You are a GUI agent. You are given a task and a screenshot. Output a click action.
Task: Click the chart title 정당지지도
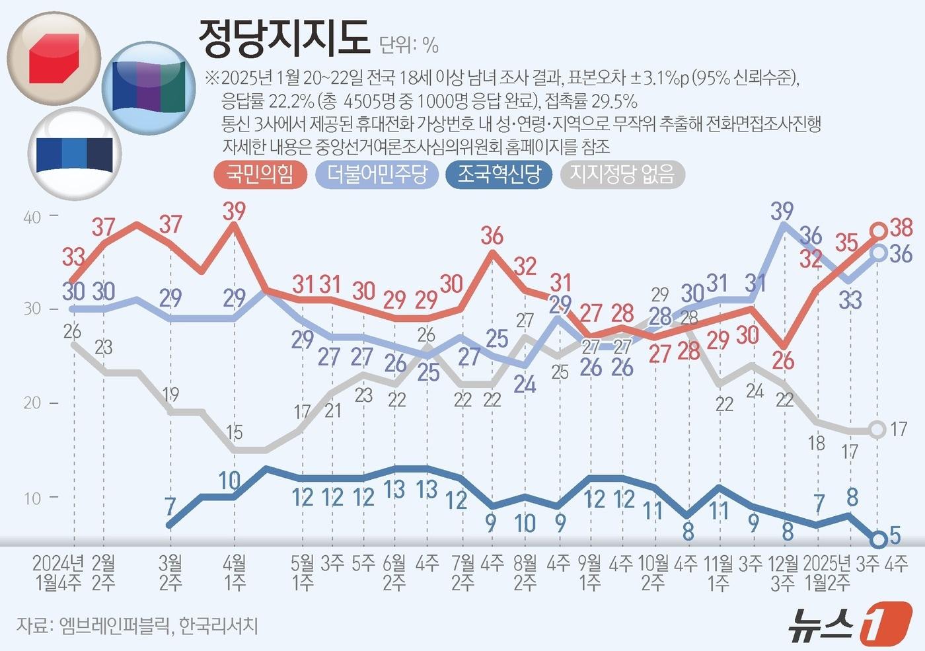click(x=283, y=36)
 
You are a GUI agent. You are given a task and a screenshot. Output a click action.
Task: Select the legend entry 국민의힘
click(x=260, y=174)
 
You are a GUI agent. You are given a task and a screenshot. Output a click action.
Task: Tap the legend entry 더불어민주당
click(x=377, y=174)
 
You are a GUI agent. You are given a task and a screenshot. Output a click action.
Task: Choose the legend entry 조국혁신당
click(x=499, y=174)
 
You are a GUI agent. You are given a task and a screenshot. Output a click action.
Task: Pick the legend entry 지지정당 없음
click(x=622, y=174)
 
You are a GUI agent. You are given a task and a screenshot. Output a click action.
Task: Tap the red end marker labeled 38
click(x=879, y=231)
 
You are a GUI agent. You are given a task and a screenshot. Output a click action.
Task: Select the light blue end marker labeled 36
click(x=879, y=252)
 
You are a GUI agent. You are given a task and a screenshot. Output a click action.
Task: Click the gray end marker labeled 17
click(x=877, y=430)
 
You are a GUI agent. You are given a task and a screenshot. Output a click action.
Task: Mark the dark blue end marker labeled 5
click(x=878, y=540)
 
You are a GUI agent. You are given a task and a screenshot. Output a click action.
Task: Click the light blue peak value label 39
click(x=782, y=211)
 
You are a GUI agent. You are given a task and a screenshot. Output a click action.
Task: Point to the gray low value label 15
click(x=235, y=433)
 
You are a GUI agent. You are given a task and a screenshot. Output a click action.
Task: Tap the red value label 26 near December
click(x=783, y=361)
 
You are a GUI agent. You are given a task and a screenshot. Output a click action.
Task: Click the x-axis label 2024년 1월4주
click(x=58, y=572)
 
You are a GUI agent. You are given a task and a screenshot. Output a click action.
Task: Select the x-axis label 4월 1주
click(x=235, y=572)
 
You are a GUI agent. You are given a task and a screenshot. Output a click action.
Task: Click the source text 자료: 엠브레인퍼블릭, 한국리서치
click(x=137, y=625)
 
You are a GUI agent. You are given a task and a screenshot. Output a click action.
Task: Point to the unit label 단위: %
click(x=409, y=45)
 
